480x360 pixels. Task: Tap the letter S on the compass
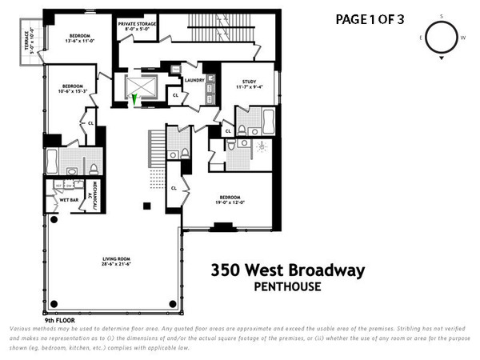[441, 16]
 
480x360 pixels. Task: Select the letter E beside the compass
[420, 38]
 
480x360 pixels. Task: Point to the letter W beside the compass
[462, 38]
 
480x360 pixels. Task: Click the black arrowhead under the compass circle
[441, 58]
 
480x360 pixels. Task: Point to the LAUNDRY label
[194, 80]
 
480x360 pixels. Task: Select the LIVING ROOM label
[117, 258]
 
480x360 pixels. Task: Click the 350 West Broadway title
[287, 270]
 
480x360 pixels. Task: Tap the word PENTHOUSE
[287, 286]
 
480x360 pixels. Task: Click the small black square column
[146, 206]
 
